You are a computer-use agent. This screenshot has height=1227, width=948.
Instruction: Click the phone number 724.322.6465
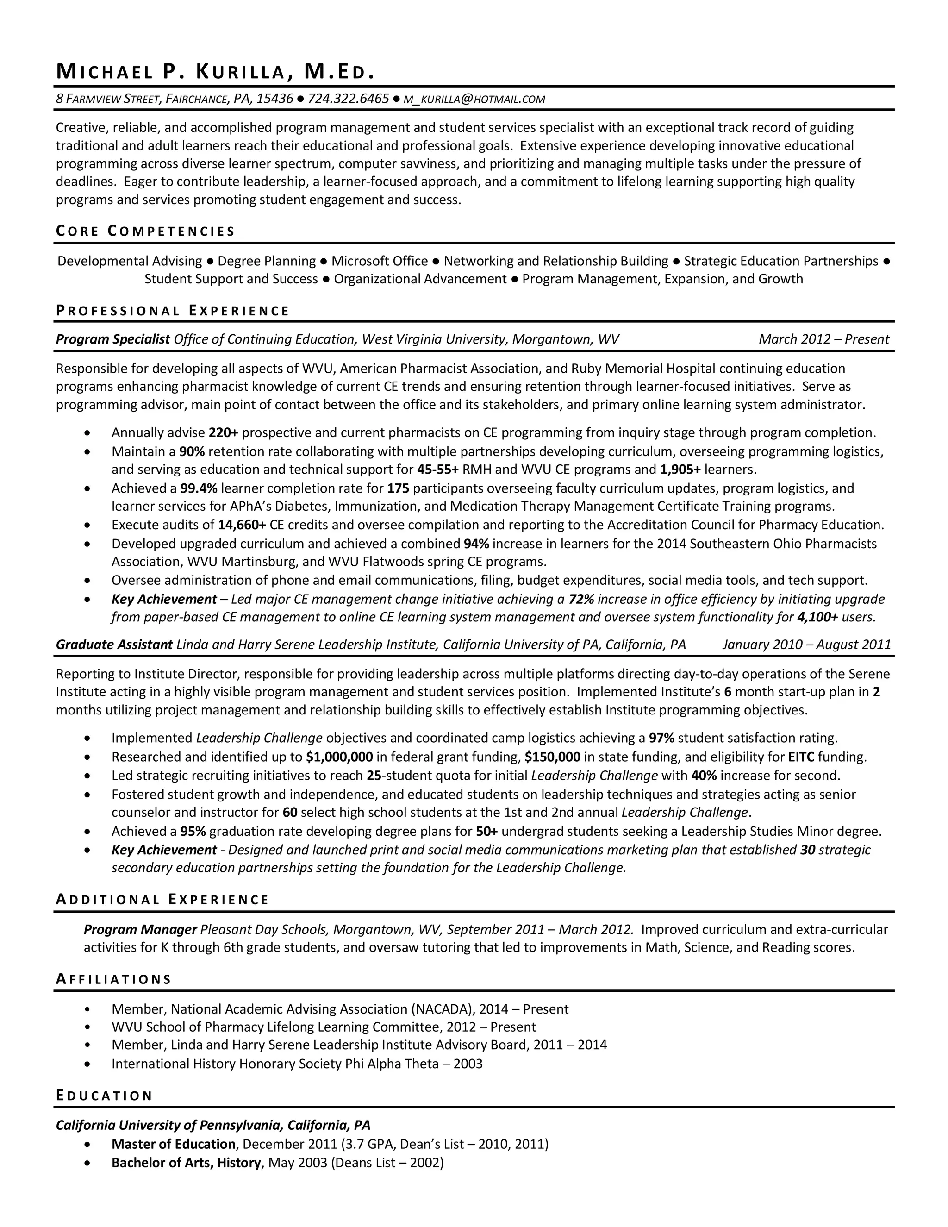pos(348,100)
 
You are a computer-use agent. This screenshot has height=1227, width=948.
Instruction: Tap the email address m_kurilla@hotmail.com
pos(474,100)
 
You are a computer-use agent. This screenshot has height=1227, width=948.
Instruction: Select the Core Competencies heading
pos(145,231)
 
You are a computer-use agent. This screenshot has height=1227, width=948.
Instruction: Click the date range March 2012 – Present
pos(823,339)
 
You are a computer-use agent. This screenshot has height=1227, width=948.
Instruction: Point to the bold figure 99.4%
pos(198,488)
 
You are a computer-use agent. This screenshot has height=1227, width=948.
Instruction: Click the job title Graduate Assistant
pos(114,645)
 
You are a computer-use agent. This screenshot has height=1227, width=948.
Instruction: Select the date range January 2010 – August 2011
pos(806,645)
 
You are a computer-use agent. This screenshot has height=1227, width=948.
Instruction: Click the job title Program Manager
pos(140,929)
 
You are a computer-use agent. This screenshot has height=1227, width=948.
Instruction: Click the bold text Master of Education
pos(174,1145)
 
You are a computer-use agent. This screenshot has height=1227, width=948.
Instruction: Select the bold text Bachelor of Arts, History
pos(186,1163)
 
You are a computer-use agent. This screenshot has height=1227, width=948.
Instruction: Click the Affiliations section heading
pos(113,979)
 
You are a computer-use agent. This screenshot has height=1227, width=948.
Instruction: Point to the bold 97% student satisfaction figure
pos(661,738)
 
